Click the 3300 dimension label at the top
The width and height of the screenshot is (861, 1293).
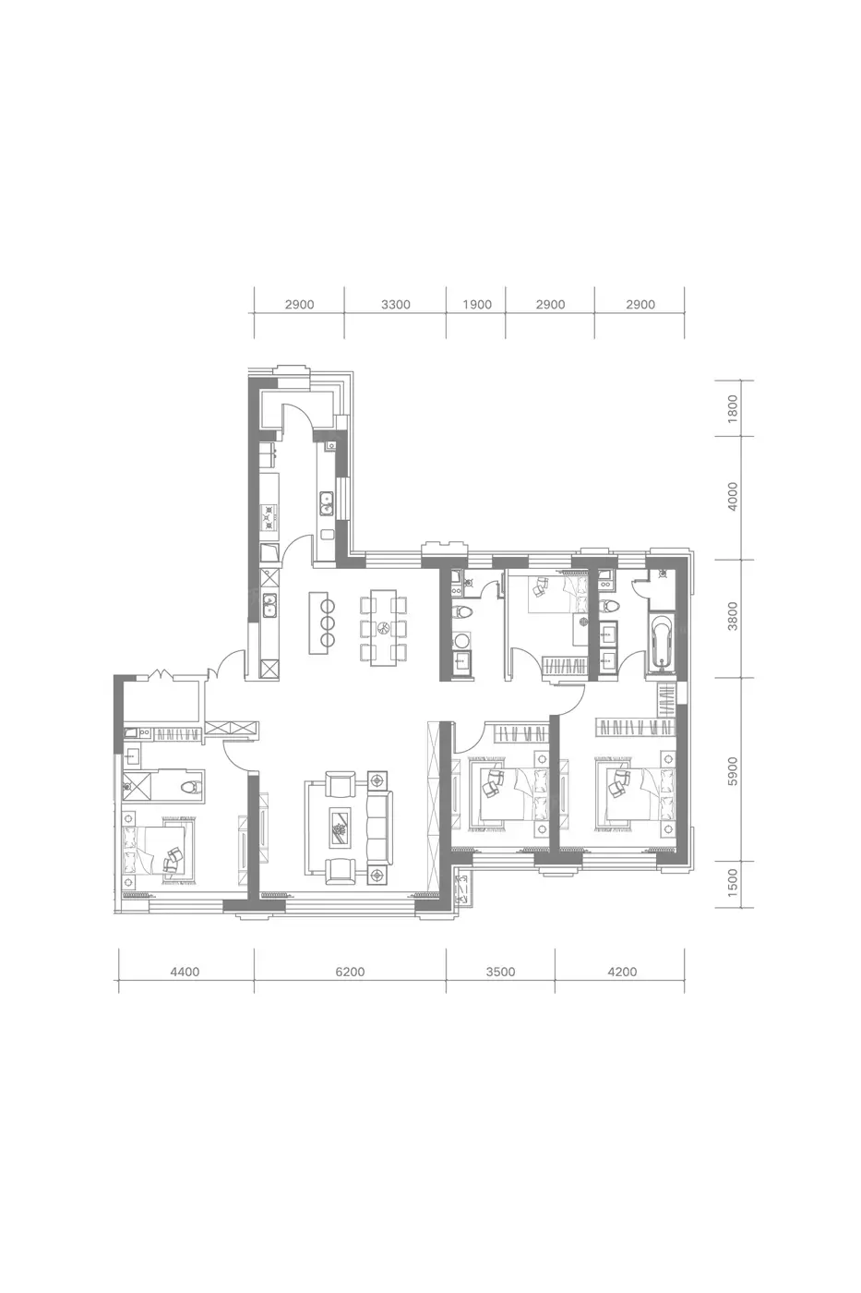point(396,305)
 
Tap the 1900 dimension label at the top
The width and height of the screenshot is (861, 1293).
point(477,305)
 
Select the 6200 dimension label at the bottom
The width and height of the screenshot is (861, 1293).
point(350,972)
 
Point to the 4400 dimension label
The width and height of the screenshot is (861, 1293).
point(185,972)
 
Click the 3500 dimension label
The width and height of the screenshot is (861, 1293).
point(500,972)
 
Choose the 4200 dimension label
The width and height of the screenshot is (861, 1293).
point(622,972)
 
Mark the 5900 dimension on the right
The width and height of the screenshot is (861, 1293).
point(733,770)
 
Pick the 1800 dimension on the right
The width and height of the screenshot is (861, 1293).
point(733,408)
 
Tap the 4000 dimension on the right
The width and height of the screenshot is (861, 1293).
point(733,497)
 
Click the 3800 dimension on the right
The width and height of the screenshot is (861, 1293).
point(733,616)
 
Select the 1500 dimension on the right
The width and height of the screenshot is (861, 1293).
point(733,883)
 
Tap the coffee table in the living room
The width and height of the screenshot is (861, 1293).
point(340,828)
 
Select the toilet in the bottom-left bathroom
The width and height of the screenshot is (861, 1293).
point(191,786)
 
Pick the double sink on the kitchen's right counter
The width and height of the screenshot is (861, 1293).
point(326,502)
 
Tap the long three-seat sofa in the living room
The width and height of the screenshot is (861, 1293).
point(379,828)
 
